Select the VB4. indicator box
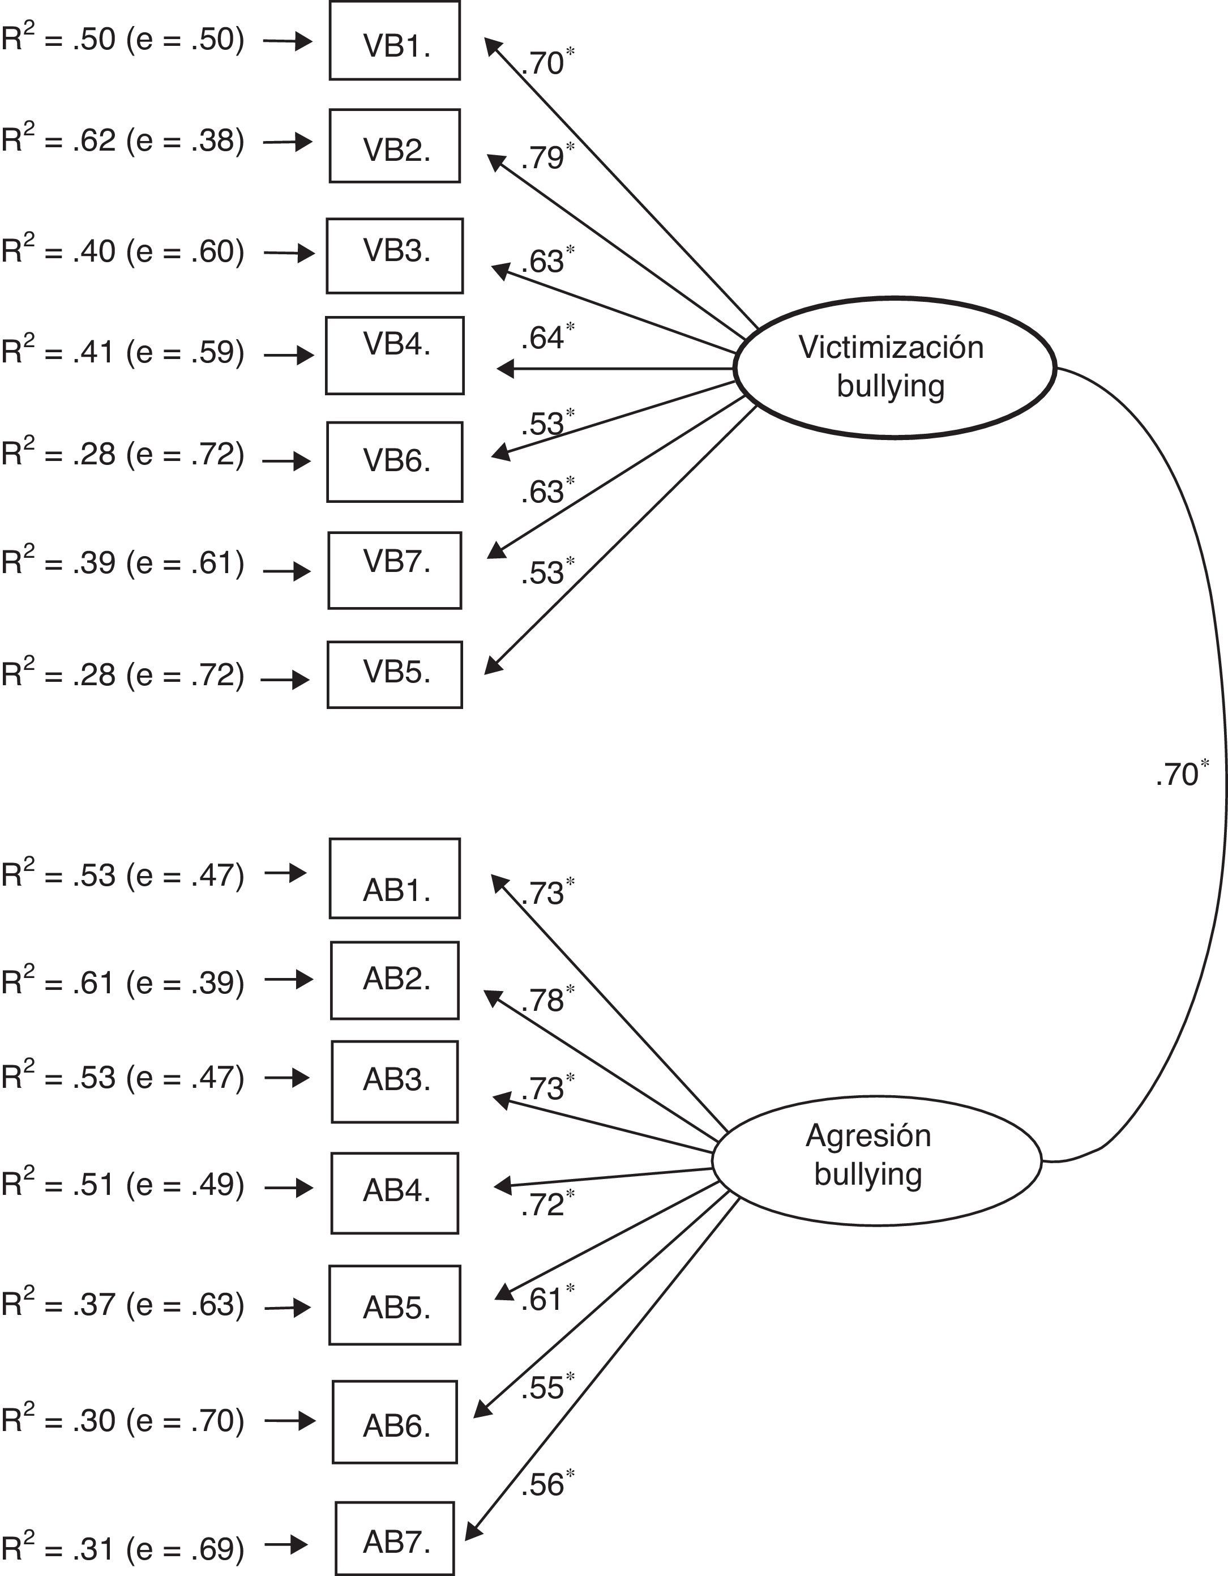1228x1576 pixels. [395, 355]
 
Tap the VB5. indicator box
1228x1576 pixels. [395, 674]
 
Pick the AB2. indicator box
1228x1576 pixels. [395, 980]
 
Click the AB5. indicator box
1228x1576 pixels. [395, 1305]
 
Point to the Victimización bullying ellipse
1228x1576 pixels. [895, 368]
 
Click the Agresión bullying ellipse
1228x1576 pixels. [876, 1160]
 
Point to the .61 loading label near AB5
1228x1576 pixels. [542, 1300]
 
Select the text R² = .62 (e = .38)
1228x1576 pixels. [123, 140]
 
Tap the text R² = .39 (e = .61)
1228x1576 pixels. [123, 563]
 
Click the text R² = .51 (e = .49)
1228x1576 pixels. [123, 1184]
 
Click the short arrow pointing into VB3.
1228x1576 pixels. [289, 253]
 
